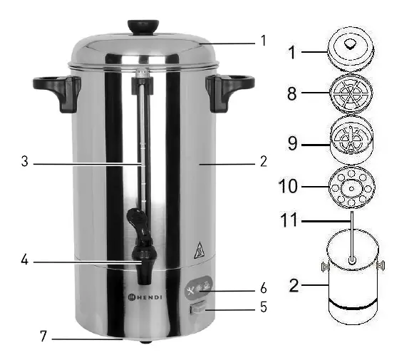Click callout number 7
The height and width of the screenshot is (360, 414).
pos(44,334)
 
